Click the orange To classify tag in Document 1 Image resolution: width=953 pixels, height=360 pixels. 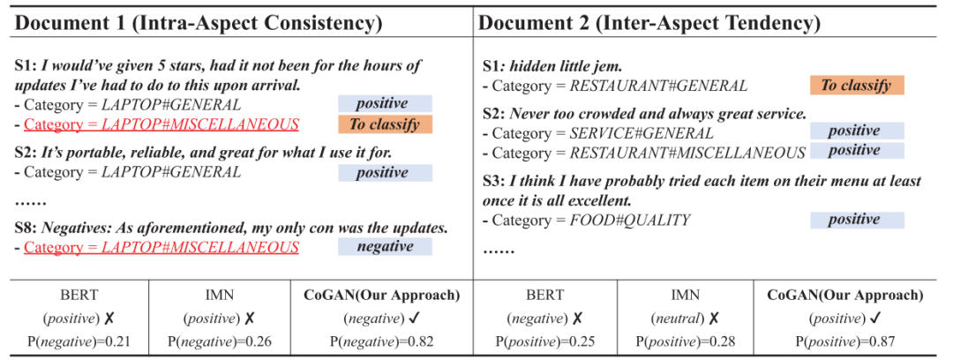[x=385, y=124]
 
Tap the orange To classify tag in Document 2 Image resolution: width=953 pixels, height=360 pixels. [x=857, y=86]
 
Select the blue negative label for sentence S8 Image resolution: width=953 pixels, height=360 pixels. [x=385, y=247]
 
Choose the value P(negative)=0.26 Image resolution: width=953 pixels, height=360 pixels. [x=220, y=340]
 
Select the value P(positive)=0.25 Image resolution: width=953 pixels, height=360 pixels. [x=544, y=340]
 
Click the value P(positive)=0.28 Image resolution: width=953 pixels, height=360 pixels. [x=685, y=340]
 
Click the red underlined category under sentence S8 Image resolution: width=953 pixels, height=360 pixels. [x=161, y=247]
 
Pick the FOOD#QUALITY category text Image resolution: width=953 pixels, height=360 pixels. [x=630, y=220]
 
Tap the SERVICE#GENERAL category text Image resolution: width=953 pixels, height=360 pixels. [x=642, y=133]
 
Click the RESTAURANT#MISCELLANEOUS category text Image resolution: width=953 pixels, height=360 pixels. [x=687, y=153]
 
